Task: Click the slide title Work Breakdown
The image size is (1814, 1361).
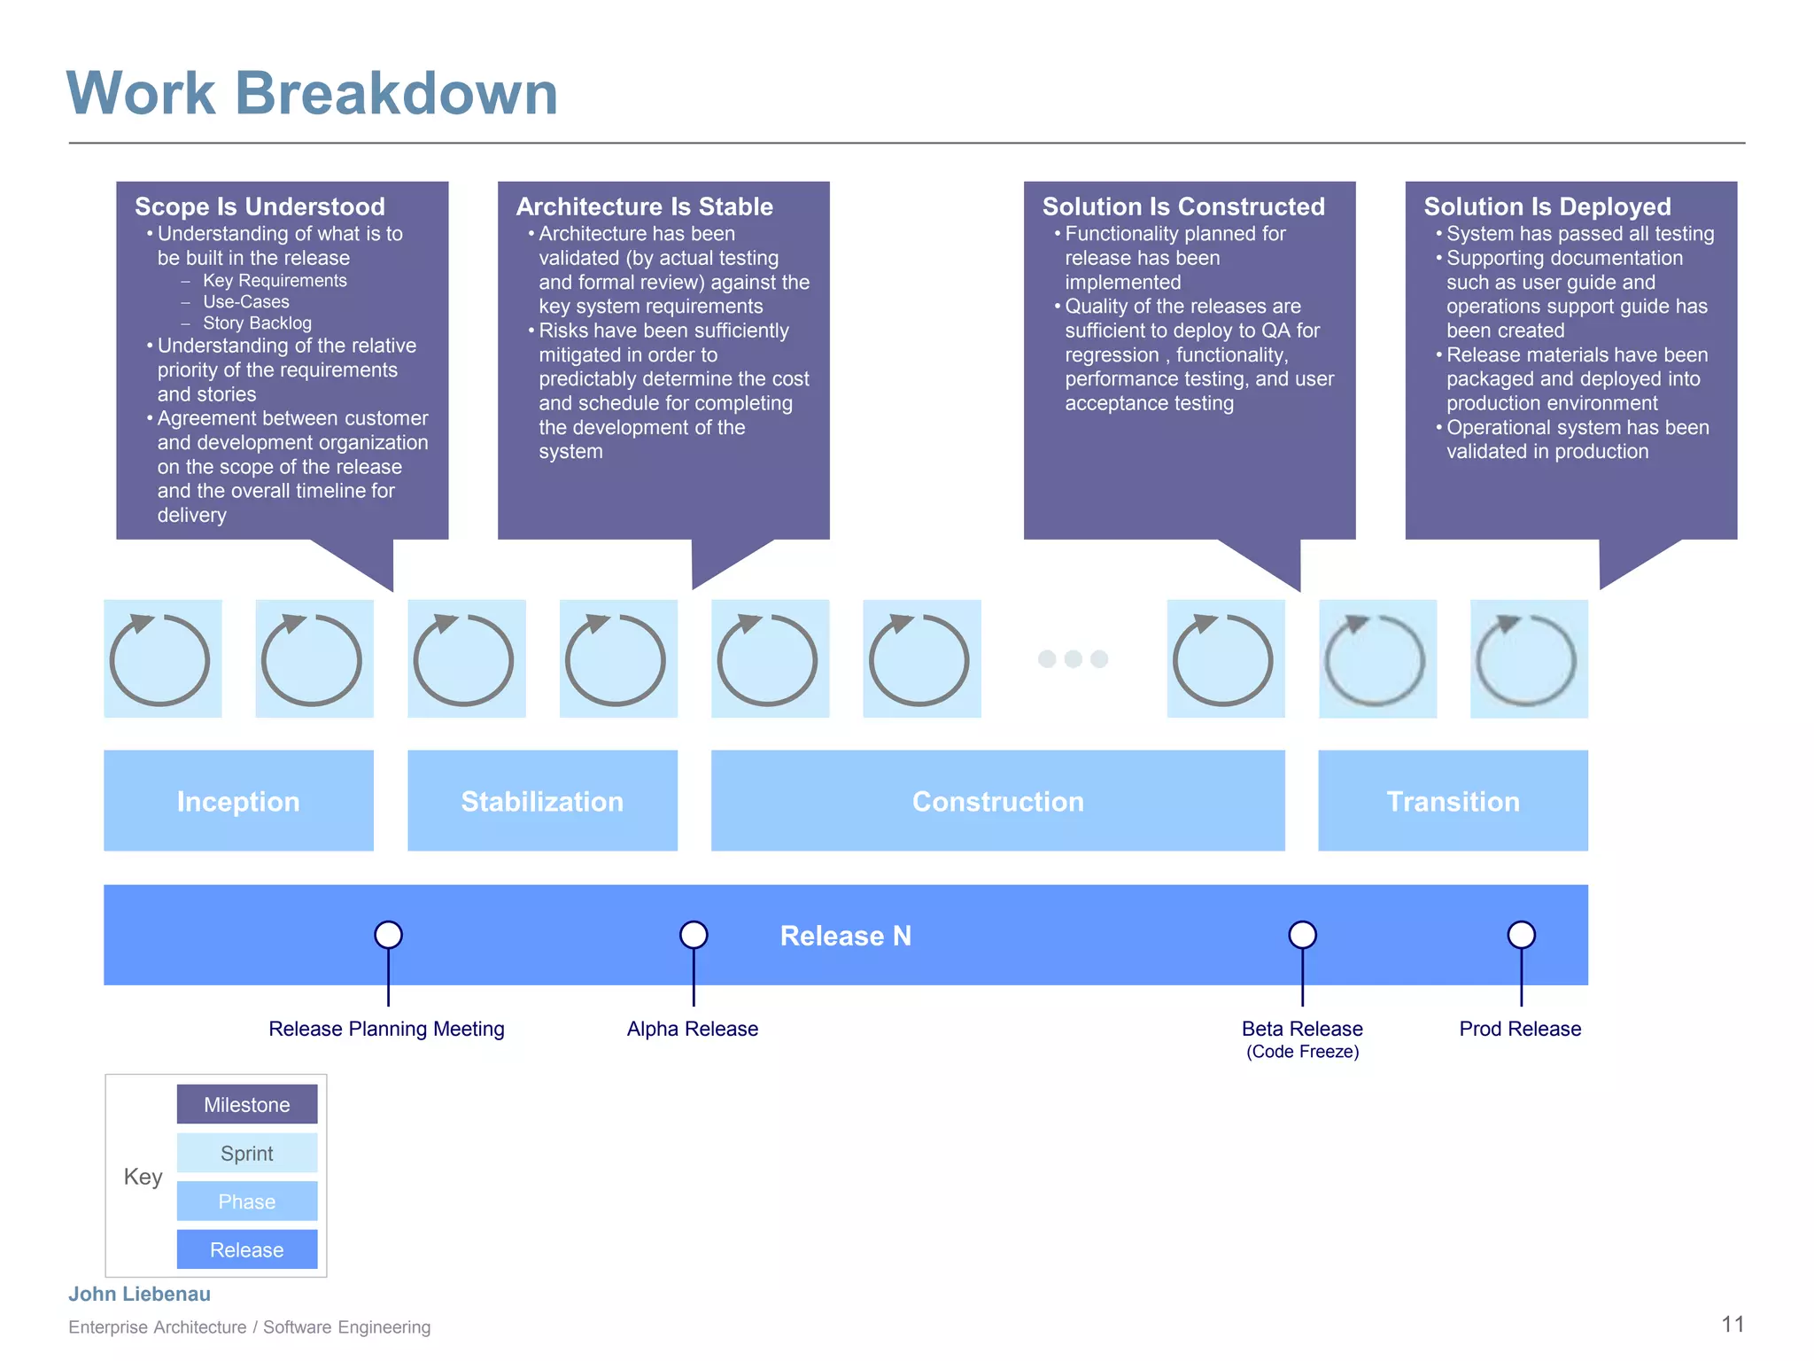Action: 312,93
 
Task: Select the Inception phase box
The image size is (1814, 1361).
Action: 238,801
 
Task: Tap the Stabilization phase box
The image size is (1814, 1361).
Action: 542,801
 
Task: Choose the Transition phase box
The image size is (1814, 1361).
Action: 1453,801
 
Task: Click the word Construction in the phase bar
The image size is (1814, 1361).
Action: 997,801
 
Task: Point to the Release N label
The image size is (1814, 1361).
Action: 845,936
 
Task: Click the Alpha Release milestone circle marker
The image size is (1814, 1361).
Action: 694,935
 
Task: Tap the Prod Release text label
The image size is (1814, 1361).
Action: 1520,1029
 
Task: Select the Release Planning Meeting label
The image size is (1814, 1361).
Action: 386,1029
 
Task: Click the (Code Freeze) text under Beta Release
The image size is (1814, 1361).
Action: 1302,1052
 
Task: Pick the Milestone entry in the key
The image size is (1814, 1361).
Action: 247,1105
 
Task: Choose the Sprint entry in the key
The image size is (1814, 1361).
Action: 247,1154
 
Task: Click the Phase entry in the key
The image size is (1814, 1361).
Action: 247,1202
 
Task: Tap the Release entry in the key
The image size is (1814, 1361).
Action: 247,1250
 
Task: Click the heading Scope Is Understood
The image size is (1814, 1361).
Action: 260,206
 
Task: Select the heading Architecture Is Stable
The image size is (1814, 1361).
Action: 644,206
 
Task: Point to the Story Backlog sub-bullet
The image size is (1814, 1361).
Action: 257,323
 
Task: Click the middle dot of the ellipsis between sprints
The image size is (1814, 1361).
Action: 1073,658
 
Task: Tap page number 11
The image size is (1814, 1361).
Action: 1733,1325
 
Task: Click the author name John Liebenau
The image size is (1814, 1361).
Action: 140,1294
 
